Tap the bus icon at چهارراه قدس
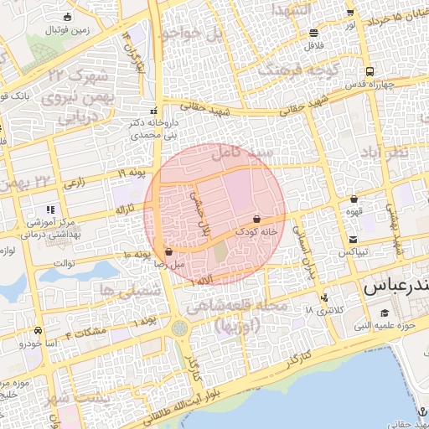tap(370, 72)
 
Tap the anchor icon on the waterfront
tap(423, 409)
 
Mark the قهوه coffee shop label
tap(354, 211)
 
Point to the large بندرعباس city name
tap(395, 287)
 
